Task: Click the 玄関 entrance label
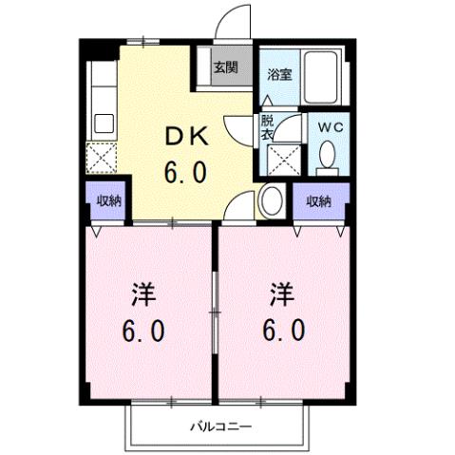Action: click(x=224, y=67)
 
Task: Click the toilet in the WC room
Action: click(x=328, y=155)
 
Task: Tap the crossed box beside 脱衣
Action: click(x=283, y=159)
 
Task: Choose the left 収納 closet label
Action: click(x=108, y=200)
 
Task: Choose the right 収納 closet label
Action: click(x=318, y=200)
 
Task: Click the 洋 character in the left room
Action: click(x=143, y=294)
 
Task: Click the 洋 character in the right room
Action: click(x=281, y=294)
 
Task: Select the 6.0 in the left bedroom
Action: click(x=143, y=332)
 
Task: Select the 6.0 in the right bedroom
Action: click(x=281, y=332)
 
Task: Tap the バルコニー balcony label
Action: click(x=219, y=426)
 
